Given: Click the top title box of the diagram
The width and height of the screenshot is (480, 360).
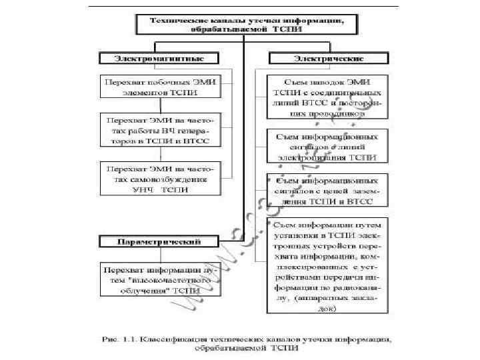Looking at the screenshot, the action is click(246, 25).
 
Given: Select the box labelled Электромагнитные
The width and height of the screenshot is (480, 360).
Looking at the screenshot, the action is click(159, 58).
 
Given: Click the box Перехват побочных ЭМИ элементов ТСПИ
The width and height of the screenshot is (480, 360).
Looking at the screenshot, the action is click(159, 85).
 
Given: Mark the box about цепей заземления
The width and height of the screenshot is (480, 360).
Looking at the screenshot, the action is click(326, 189).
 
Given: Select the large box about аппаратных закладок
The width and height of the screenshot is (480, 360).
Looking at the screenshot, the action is click(326, 267).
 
